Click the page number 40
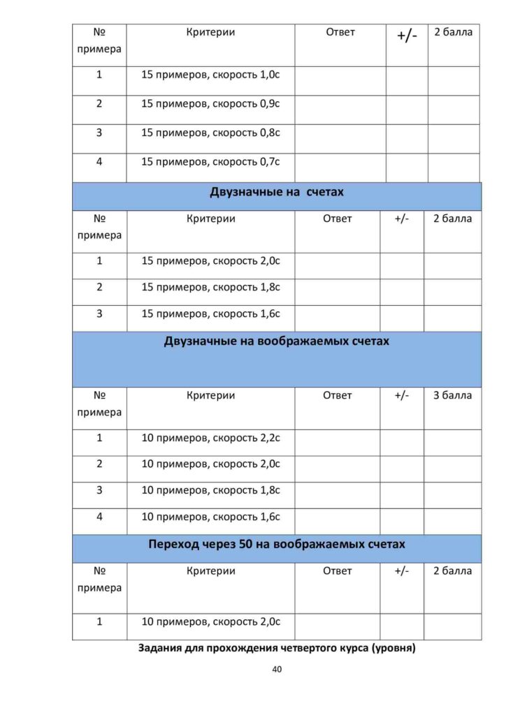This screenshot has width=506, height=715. [277, 669]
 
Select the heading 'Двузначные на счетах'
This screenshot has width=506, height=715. [277, 192]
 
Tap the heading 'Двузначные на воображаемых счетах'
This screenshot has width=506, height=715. [277, 341]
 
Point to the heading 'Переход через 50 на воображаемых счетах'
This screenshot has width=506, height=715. [277, 544]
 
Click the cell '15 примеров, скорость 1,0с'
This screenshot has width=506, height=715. [210, 75]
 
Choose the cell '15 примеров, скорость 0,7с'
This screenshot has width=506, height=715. [210, 161]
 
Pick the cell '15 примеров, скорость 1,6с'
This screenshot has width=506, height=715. [210, 314]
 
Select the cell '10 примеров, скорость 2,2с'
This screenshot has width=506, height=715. [210, 438]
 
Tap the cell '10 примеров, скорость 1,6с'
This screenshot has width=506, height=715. [210, 517]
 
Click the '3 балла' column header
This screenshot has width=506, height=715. [452, 395]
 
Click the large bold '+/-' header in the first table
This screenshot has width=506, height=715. [407, 35]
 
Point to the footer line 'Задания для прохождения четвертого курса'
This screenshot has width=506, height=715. [277, 648]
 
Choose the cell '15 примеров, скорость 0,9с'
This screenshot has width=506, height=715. [210, 104]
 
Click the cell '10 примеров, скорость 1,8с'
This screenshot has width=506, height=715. [210, 490]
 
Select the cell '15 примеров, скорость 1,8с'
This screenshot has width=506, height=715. [210, 287]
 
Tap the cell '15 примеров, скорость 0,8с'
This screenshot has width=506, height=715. [210, 133]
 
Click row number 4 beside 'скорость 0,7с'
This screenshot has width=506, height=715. [99, 161]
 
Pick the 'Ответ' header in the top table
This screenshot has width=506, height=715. [340, 32]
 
